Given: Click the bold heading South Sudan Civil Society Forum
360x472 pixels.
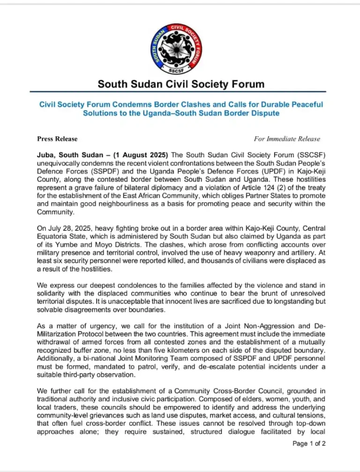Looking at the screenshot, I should (180, 84).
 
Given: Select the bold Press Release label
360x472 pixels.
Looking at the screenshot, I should (57, 139).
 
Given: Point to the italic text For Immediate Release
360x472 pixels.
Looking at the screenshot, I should (287, 139).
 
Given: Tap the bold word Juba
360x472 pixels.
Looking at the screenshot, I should (45, 155).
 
